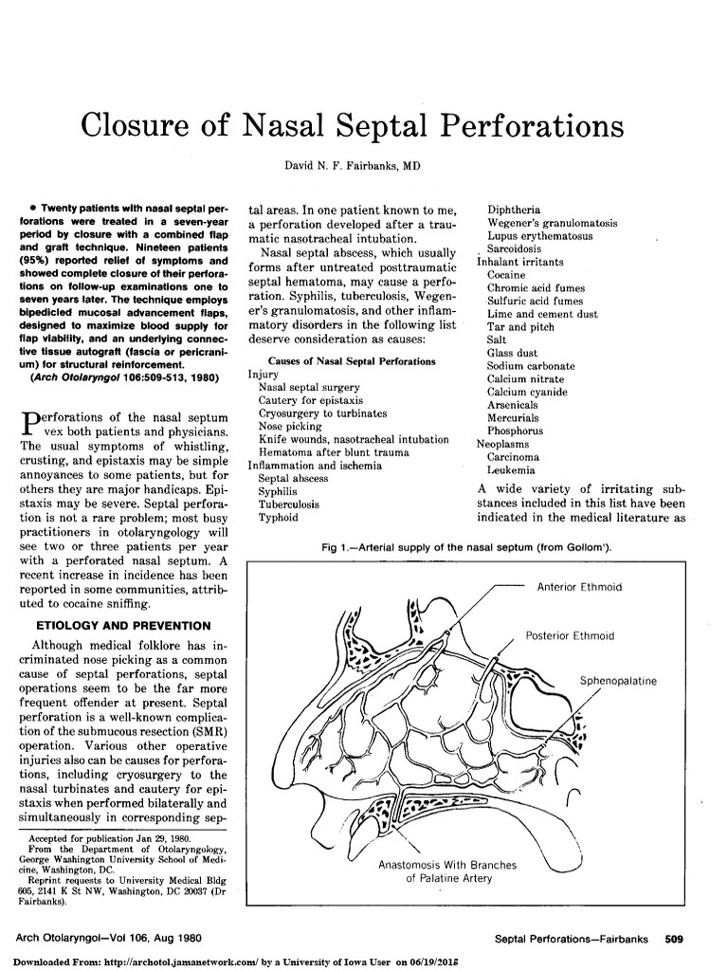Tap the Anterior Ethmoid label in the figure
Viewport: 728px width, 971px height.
[579, 587]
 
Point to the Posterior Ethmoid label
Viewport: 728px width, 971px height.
[570, 635]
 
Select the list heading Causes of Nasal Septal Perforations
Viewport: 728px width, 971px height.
[353, 361]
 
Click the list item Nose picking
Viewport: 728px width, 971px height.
[291, 427]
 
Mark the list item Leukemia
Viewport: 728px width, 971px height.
[510, 469]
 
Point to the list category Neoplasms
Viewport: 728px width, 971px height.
[504, 443]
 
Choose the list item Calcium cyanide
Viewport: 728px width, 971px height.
[527, 392]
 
